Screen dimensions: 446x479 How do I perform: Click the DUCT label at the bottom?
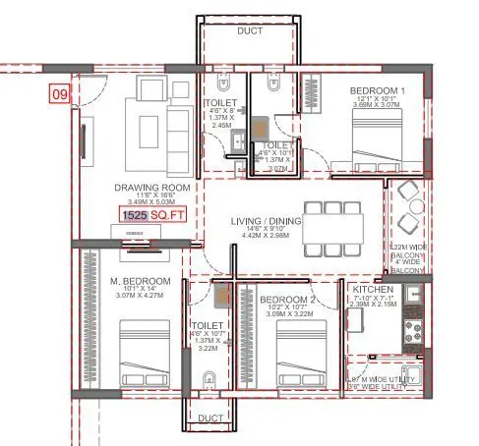pyautogui.click(x=210, y=418)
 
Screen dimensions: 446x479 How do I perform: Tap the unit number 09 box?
pyautogui.click(x=60, y=95)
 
